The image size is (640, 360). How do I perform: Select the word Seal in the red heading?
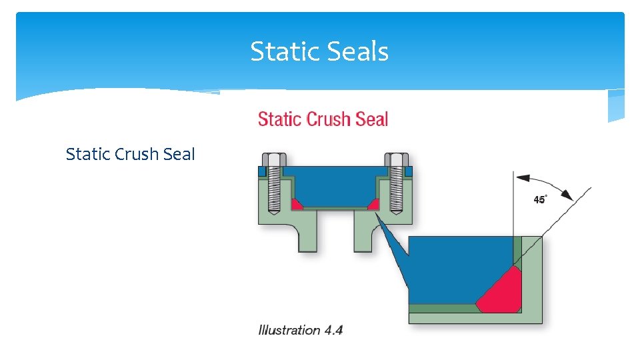tap(372, 120)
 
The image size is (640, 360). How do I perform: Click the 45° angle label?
tap(539, 200)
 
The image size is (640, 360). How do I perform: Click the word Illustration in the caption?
tap(289, 330)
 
